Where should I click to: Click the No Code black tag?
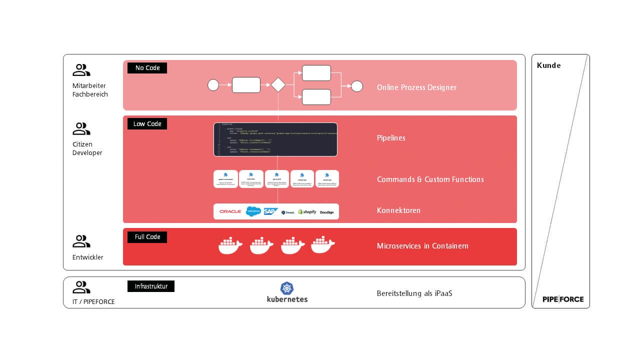pyautogui.click(x=147, y=68)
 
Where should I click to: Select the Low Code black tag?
pyautogui.click(x=147, y=123)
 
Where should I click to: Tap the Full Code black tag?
pyautogui.click(x=147, y=237)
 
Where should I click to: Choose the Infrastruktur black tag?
pyautogui.click(x=150, y=286)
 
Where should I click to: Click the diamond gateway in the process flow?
pyautogui.click(x=278, y=85)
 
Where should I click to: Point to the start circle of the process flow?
pyautogui.click(x=213, y=85)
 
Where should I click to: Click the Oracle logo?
pyautogui.click(x=230, y=211)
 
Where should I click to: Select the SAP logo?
pyautogui.click(x=270, y=211)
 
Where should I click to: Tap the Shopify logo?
pyautogui.click(x=307, y=211)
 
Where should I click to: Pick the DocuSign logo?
pyautogui.click(x=327, y=212)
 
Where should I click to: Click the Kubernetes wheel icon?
pyautogui.click(x=287, y=288)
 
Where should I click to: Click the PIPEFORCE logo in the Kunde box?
pyautogui.click(x=562, y=299)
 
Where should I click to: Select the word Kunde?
pyautogui.click(x=548, y=65)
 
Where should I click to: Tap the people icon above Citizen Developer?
pyautogui.click(x=81, y=129)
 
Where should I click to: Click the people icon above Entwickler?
pyautogui.click(x=81, y=241)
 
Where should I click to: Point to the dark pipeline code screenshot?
pyautogui.click(x=275, y=139)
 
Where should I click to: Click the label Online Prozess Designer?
pyautogui.click(x=416, y=87)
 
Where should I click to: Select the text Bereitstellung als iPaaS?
pyautogui.click(x=414, y=293)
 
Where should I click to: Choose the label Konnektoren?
pyautogui.click(x=398, y=210)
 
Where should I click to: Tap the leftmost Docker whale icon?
pyautogui.click(x=230, y=245)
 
